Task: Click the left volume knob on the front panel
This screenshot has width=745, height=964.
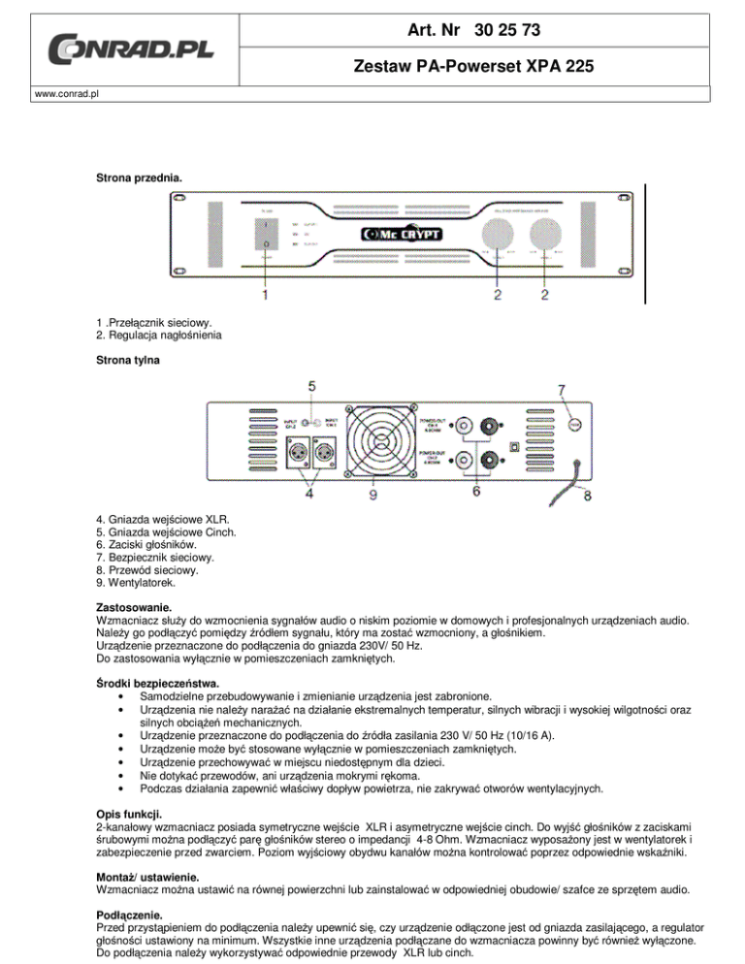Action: (498, 235)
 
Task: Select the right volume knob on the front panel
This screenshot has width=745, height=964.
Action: (553, 235)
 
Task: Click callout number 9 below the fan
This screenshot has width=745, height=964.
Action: (373, 495)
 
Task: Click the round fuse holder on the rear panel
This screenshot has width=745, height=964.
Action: (572, 425)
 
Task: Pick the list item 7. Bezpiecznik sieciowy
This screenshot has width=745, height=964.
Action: (149, 558)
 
